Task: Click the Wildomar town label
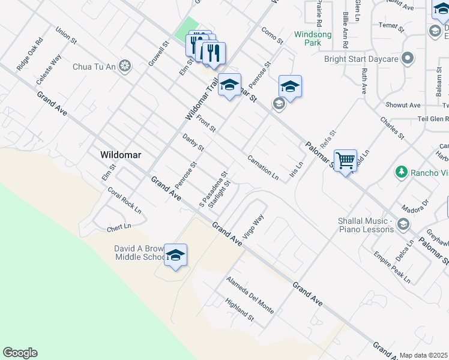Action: pyautogui.click(x=121, y=155)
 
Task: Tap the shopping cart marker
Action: pyautogui.click(x=345, y=160)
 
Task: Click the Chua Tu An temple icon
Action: pyautogui.click(x=125, y=65)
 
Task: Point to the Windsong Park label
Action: pyautogui.click(x=313, y=39)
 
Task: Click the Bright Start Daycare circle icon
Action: pyautogui.click(x=408, y=59)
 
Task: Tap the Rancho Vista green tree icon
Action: pyautogui.click(x=401, y=173)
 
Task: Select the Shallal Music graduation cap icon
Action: pyautogui.click(x=403, y=224)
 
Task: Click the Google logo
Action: pyautogui.click(x=20, y=353)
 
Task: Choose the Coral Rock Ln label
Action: pyautogui.click(x=124, y=201)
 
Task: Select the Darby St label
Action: pyautogui.click(x=193, y=143)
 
